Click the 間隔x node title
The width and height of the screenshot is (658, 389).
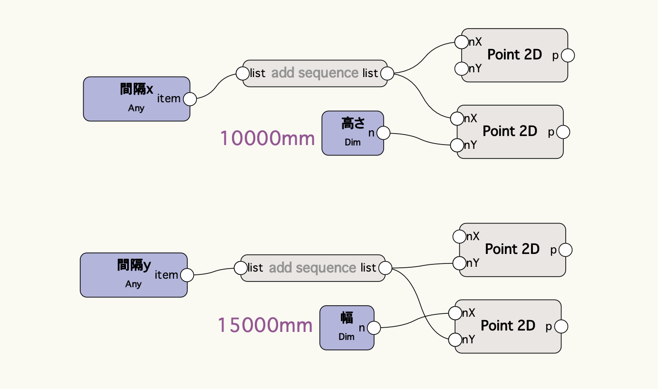(136, 89)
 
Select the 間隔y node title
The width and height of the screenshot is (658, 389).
(134, 265)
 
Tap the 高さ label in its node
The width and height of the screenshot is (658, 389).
(353, 124)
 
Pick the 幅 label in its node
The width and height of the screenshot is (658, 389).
(347, 318)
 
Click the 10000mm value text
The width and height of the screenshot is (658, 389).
(267, 138)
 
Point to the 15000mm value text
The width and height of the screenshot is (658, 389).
(265, 325)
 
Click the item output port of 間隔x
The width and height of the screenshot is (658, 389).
(190, 99)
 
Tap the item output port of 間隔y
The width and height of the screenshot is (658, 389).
(187, 275)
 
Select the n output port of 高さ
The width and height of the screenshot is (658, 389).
(383, 133)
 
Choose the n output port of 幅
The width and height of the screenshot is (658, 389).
(374, 328)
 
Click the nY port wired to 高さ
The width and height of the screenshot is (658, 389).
(457, 145)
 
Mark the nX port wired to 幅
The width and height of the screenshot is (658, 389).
(455, 313)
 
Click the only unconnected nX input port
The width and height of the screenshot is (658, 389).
(459, 236)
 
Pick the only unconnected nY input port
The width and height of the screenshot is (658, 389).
(461, 68)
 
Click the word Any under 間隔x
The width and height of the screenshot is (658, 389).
(136, 108)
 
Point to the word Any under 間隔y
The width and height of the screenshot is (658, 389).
(134, 284)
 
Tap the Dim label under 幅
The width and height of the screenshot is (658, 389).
(347, 337)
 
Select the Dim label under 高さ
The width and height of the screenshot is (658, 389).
(353, 142)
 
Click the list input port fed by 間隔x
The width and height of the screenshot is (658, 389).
(243, 74)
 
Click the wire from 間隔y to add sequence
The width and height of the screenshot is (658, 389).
(214, 272)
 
